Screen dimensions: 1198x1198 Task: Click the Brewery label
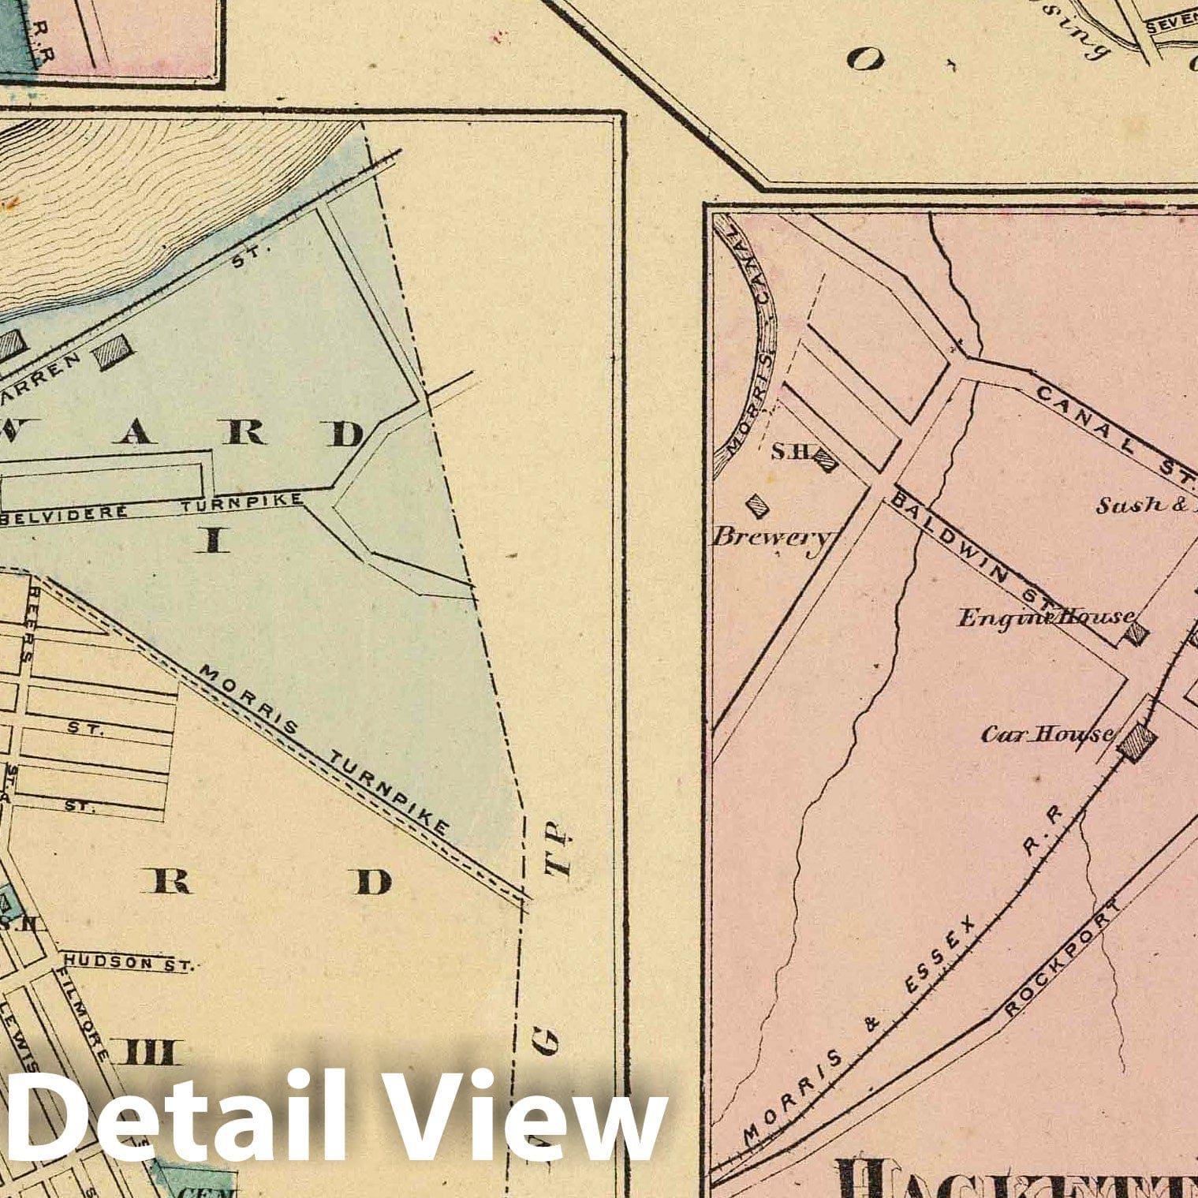771,537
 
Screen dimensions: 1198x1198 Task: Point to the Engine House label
1046,618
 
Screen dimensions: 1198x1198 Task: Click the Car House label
1047,735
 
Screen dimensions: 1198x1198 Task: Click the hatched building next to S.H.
825,461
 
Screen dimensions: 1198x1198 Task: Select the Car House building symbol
1137,741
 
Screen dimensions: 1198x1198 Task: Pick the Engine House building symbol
1136,632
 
